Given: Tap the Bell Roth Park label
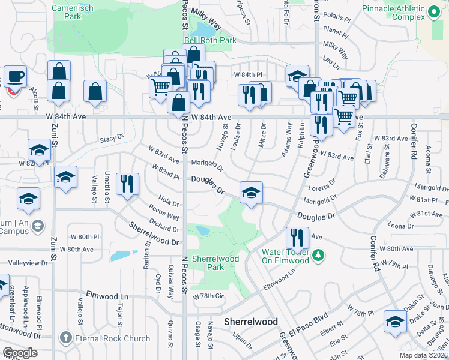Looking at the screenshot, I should pos(211,41).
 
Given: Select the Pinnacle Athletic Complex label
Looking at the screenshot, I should pos(392,13).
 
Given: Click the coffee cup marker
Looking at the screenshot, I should pos(15,76).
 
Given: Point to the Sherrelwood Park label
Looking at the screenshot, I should pos(215,263).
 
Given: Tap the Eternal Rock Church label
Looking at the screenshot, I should pos(112,338).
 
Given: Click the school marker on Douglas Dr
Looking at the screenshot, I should pos(252,192).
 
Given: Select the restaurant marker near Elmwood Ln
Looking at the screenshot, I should pos(297,238).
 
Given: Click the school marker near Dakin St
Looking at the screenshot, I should pos(396,322).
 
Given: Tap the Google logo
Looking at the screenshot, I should pos(20,353).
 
